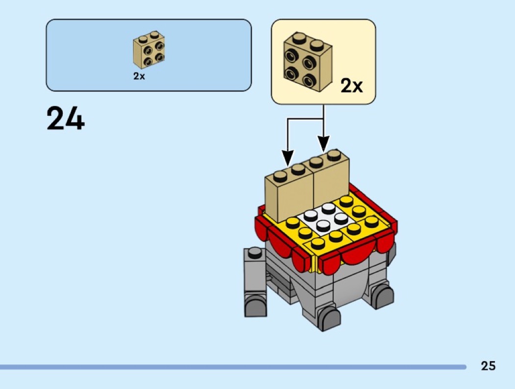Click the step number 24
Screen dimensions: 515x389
(66, 118)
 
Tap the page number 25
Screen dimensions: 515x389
(488, 365)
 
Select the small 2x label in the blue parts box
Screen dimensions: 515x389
(139, 76)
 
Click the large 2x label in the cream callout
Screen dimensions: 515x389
(352, 86)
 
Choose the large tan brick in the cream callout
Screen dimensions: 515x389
(308, 62)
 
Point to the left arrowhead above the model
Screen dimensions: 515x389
(288, 157)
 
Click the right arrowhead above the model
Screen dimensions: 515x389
(324, 144)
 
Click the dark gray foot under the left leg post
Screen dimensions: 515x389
(255, 305)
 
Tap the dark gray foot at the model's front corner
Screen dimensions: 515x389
(329, 318)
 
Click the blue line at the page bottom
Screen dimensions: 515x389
(233, 366)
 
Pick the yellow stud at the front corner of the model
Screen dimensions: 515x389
(317, 243)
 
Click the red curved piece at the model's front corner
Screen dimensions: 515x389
(330, 264)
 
